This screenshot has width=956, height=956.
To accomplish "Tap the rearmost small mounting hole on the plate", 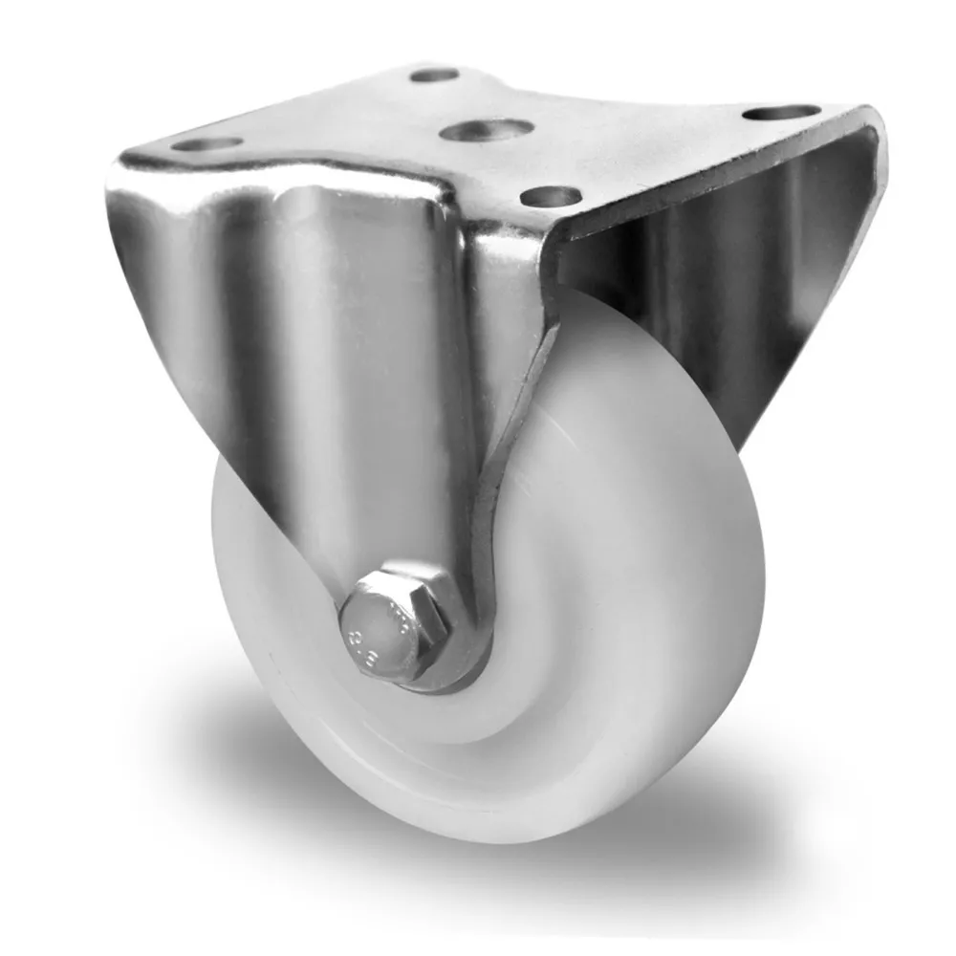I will point(435,75).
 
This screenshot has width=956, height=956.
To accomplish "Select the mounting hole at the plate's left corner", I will point(207,145).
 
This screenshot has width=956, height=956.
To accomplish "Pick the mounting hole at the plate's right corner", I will point(781,113).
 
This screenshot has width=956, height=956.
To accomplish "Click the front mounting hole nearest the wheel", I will point(552,197).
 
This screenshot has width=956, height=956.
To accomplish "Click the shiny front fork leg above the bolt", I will point(382,382).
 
